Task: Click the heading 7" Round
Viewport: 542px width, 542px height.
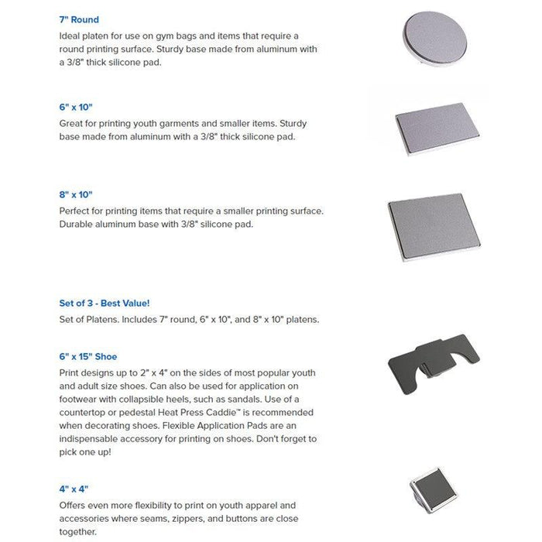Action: click(79, 19)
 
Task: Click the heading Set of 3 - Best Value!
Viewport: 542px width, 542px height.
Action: click(105, 303)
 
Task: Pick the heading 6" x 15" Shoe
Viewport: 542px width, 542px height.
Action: click(88, 356)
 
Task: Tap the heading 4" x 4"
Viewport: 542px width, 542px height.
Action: click(74, 489)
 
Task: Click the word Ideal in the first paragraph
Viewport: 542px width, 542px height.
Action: click(71, 36)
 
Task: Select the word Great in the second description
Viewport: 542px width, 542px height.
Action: click(72, 122)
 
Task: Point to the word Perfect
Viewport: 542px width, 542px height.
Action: click(76, 211)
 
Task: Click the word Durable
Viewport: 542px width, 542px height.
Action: click(77, 225)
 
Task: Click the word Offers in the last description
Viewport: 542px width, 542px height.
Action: click(74, 506)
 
